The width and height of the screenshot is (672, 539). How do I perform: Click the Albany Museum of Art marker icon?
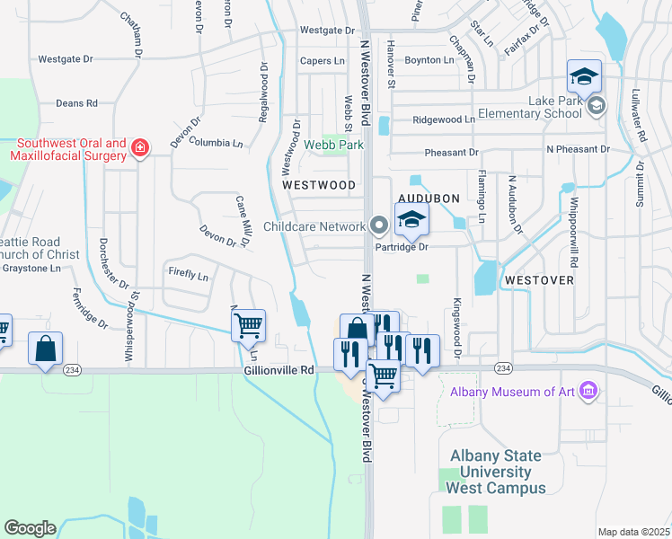[x=588, y=392]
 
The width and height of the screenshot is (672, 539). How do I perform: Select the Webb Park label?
[x=333, y=145]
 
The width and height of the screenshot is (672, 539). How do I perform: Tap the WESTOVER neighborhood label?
[x=539, y=280]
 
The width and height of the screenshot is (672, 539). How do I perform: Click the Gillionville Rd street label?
[x=279, y=369]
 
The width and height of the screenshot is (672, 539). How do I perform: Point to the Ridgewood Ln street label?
[x=444, y=119]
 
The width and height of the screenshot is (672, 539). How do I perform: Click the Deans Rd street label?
[x=76, y=103]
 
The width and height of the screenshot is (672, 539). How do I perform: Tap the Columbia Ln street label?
[x=216, y=143]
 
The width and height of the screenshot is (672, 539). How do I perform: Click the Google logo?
[x=30, y=527]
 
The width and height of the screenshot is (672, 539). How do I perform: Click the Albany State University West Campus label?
[x=497, y=472]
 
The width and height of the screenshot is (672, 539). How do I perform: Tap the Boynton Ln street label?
[x=429, y=60]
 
